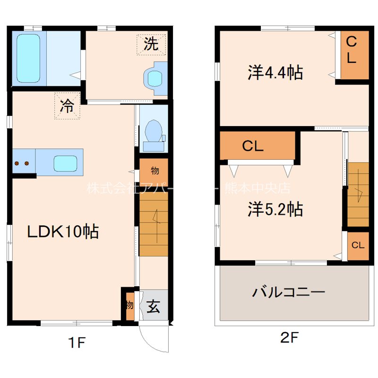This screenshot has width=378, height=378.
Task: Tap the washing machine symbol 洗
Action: click(151, 44)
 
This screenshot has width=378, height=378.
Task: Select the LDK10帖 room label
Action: click(62, 232)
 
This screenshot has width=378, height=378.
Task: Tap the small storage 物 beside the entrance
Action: click(129, 305)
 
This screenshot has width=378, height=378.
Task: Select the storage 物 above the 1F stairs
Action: click(154, 171)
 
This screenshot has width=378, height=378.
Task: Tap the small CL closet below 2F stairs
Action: click(358, 245)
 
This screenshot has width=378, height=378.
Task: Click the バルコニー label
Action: click(288, 292)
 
